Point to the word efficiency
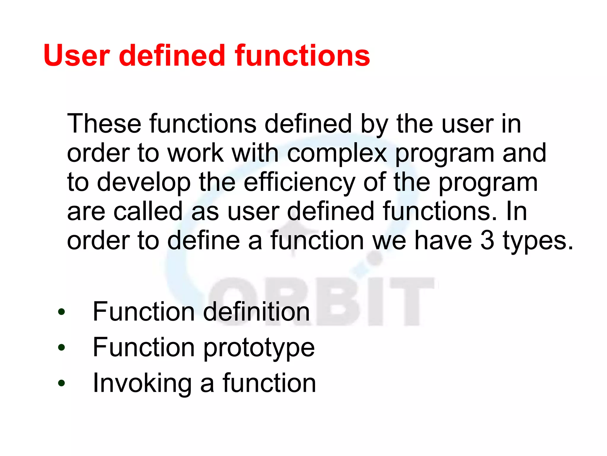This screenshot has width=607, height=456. (299, 183)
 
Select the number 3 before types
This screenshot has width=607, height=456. (487, 240)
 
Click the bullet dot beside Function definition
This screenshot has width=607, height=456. (61, 312)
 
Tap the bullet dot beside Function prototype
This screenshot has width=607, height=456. (61, 347)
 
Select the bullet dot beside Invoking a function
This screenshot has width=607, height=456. (61, 383)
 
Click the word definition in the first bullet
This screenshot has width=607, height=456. (256, 312)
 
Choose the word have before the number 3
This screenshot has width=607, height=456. (443, 240)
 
